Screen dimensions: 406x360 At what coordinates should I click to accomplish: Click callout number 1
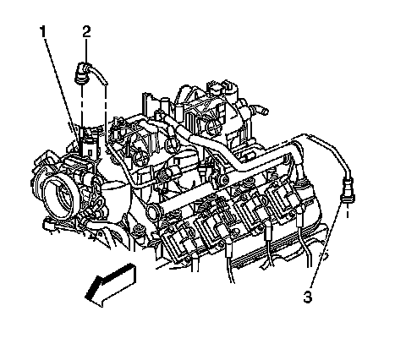click(x=42, y=32)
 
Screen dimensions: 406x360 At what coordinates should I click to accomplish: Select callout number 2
click(x=86, y=32)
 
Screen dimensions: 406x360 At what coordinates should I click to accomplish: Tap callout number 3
click(x=308, y=297)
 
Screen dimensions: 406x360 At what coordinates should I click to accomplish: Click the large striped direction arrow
click(x=110, y=285)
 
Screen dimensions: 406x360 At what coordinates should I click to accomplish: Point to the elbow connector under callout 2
click(x=82, y=73)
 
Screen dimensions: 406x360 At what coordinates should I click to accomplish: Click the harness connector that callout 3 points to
click(x=348, y=190)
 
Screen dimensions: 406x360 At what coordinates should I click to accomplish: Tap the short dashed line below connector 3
click(x=348, y=210)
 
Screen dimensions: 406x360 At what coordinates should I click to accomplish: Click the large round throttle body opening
click(x=60, y=196)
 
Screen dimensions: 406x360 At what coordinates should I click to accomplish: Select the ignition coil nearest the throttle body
click(x=175, y=234)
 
